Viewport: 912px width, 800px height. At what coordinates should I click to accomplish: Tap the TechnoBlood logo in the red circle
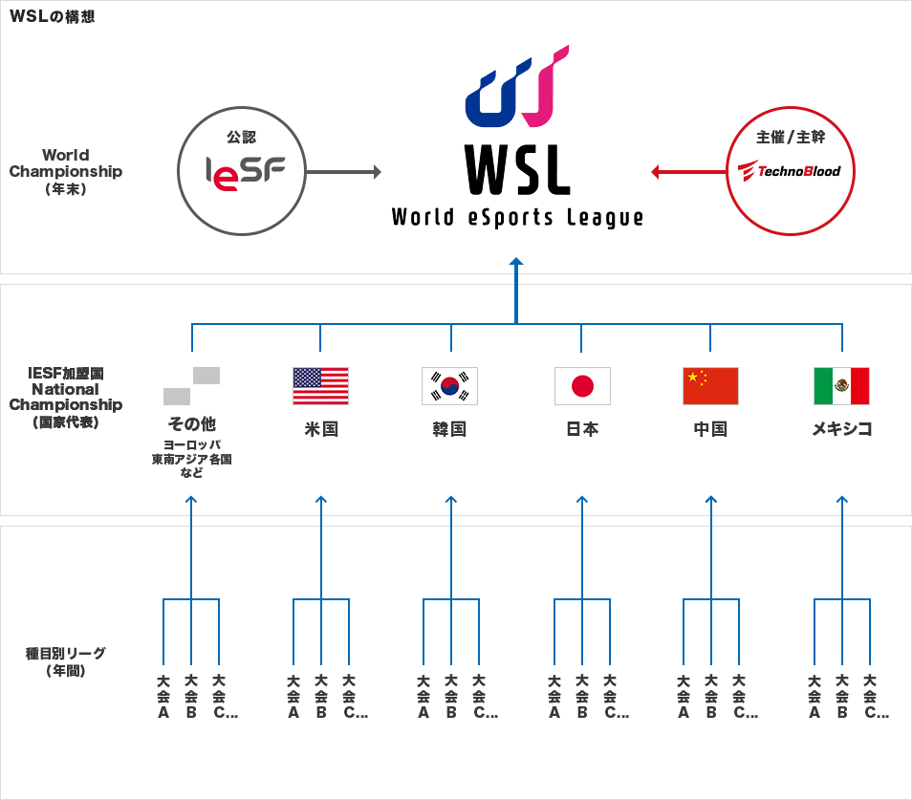(x=790, y=171)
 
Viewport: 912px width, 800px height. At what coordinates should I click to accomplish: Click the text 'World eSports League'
(x=517, y=218)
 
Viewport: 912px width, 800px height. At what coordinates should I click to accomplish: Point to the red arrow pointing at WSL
(x=687, y=172)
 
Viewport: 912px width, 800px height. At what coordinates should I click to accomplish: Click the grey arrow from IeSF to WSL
(x=343, y=172)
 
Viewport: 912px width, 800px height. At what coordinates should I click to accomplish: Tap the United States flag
(x=320, y=386)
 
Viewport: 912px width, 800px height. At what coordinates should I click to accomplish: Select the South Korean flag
(x=450, y=386)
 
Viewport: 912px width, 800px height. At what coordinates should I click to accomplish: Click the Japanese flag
(x=581, y=386)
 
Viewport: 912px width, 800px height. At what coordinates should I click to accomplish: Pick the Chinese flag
(x=710, y=386)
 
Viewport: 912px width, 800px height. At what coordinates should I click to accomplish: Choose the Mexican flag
(x=841, y=386)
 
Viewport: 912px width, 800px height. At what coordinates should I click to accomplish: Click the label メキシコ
(x=841, y=429)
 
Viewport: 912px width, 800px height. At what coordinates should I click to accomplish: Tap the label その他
(x=191, y=423)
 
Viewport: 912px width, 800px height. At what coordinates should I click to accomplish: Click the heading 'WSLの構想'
(x=52, y=16)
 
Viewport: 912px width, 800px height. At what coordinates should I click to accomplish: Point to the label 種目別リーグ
(x=65, y=654)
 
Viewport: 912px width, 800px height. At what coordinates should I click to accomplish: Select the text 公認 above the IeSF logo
(x=241, y=138)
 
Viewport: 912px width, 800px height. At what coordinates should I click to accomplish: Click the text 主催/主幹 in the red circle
(x=790, y=138)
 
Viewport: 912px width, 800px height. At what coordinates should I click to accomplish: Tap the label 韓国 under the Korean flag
(x=450, y=429)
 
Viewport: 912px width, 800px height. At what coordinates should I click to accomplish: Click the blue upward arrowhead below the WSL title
(x=516, y=261)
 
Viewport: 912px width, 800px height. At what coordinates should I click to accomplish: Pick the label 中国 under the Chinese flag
(x=710, y=429)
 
